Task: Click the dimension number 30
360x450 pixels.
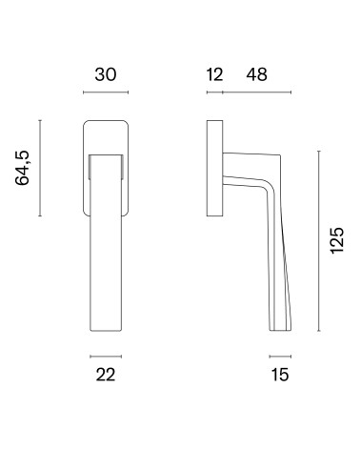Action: tap(106, 74)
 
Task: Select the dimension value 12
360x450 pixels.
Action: tap(214, 74)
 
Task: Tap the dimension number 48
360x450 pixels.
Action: tap(257, 74)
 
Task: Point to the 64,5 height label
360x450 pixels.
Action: tap(22, 168)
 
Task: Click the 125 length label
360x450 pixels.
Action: tap(337, 240)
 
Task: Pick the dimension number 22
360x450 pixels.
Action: tap(106, 375)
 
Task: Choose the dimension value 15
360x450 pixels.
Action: tap(280, 375)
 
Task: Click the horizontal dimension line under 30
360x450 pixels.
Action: tap(106, 92)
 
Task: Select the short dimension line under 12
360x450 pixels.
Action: tap(214, 92)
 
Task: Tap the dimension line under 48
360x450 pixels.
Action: tap(257, 92)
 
